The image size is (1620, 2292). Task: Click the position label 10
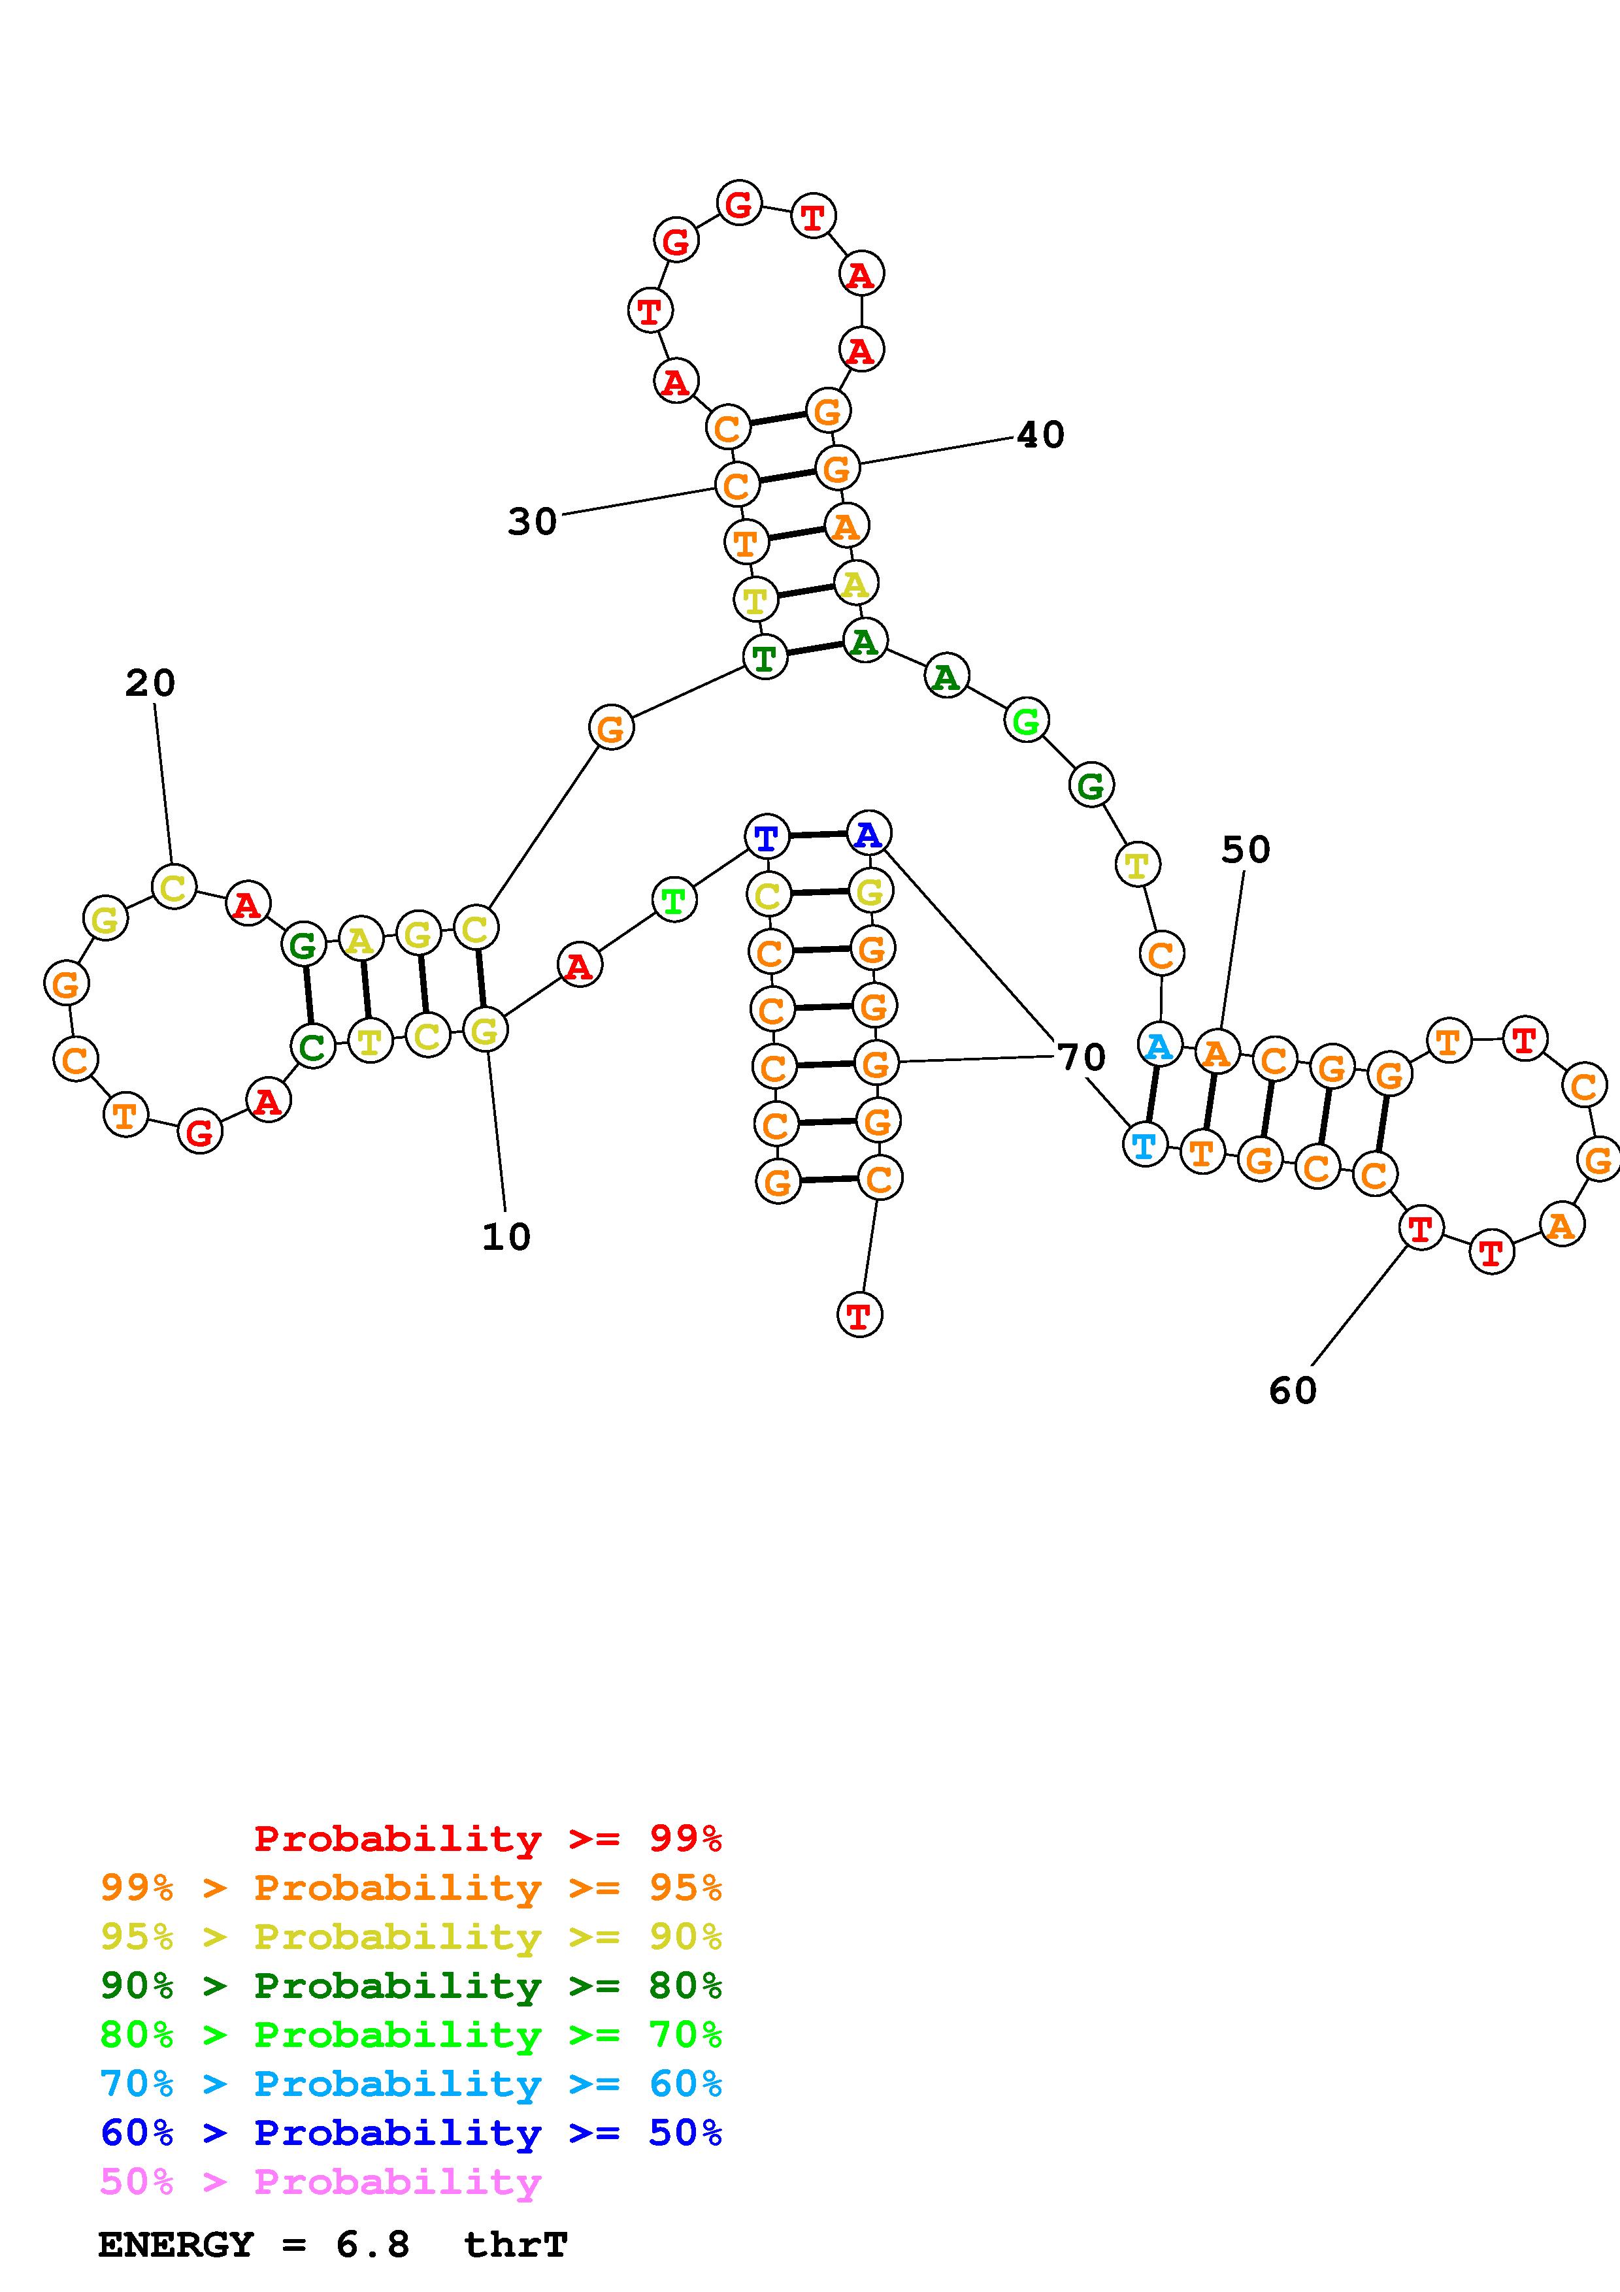[506, 1237]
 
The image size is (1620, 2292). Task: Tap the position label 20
[150, 684]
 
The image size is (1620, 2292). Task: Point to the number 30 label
[532, 521]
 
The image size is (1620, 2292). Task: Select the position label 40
[1040, 434]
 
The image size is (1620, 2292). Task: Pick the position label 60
[1293, 1390]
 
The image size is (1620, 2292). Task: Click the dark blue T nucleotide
[767, 836]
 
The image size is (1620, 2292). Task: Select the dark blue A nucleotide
[868, 834]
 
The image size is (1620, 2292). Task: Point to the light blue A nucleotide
[1159, 1045]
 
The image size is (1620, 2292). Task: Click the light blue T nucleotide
[1145, 1144]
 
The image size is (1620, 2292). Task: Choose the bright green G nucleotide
[1026, 721]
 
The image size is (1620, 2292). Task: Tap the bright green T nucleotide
[674, 900]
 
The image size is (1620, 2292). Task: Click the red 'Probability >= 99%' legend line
[488, 1838]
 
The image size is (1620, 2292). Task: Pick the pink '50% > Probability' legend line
[322, 2181]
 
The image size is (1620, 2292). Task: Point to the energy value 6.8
[372, 2245]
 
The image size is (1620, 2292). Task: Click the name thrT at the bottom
[516, 2245]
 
